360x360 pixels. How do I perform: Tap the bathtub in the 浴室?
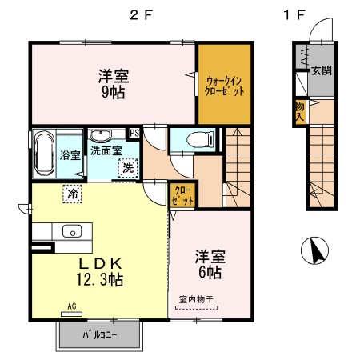click(43, 154)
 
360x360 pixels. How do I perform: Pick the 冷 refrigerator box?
click(72, 193)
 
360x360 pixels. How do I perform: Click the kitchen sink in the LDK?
click(72, 232)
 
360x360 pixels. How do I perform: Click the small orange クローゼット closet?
click(182, 194)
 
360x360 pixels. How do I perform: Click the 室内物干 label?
click(196, 300)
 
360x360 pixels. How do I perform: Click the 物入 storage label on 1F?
click(298, 110)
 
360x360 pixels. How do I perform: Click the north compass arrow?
click(317, 252)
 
